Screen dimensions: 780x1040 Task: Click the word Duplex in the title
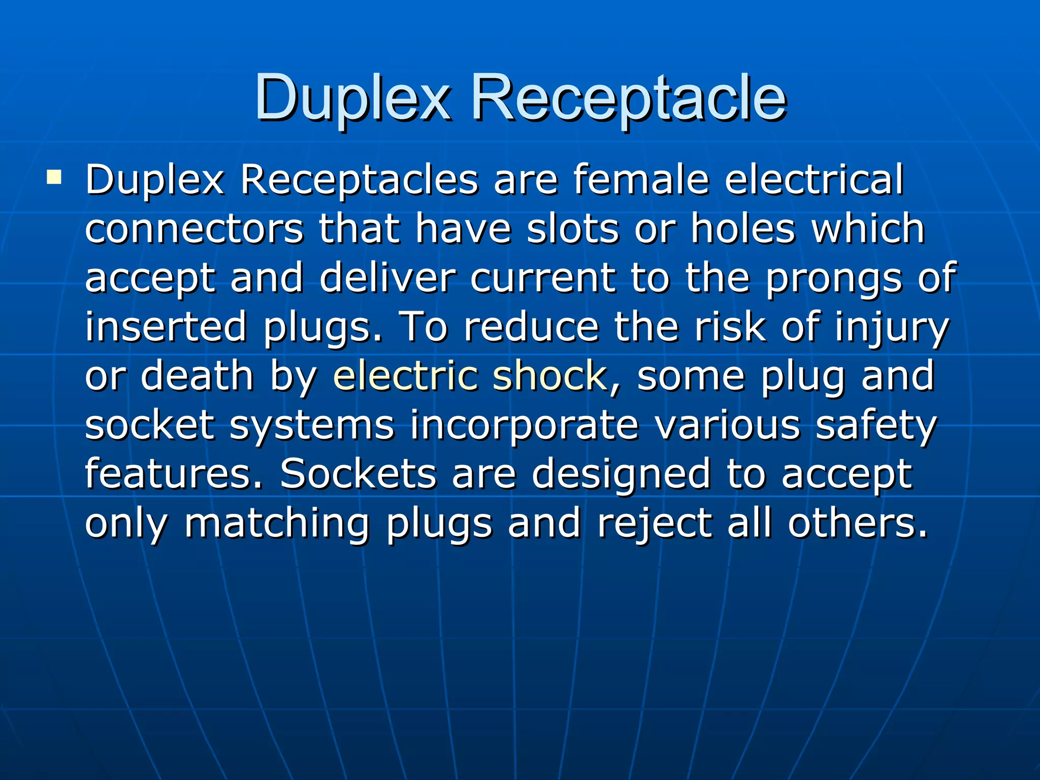[x=352, y=99]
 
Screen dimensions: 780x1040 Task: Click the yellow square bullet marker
[x=54, y=177]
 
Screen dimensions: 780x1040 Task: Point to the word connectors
[x=194, y=229]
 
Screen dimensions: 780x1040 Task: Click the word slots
[x=572, y=229]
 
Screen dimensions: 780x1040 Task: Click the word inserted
[x=166, y=327]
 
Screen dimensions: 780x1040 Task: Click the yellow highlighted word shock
[x=549, y=376]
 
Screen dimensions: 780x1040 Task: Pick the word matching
[x=277, y=524]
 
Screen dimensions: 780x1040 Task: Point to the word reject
[x=654, y=524]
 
